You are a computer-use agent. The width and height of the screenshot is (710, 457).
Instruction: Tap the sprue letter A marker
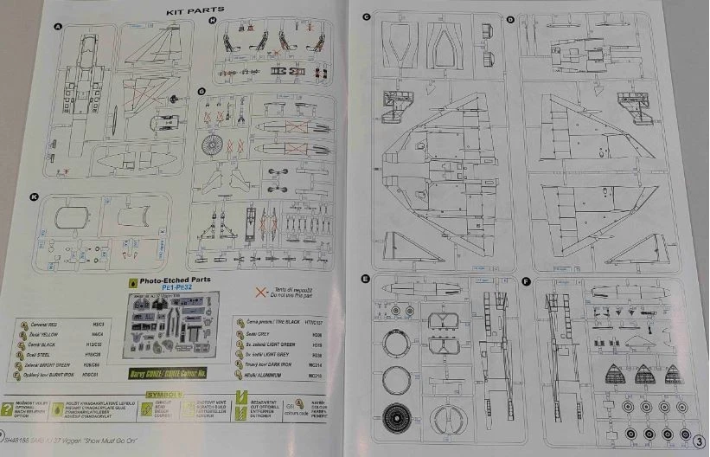click(x=58, y=29)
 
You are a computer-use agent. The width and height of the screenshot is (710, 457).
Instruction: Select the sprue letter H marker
click(x=211, y=19)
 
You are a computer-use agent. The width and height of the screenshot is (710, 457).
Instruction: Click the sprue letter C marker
click(x=367, y=16)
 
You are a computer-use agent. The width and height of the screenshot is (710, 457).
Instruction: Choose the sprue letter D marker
click(x=511, y=19)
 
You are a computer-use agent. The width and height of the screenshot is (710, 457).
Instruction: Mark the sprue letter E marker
click(x=367, y=280)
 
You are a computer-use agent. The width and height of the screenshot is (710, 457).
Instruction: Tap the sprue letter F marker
click(x=527, y=281)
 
